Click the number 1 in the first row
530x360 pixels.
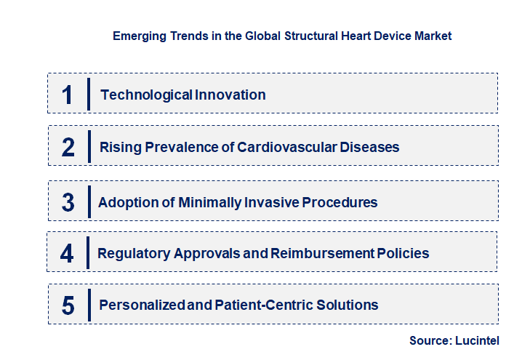[x=68, y=95]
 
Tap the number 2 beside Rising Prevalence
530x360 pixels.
[x=68, y=147]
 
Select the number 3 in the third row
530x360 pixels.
[x=68, y=202]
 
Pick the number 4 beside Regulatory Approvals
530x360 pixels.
[x=68, y=253]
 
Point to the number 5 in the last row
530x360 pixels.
[x=68, y=305]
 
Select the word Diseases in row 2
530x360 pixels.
[x=371, y=147]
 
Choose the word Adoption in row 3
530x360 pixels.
[x=127, y=202]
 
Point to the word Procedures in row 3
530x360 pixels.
[x=342, y=202]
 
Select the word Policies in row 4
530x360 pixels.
[x=403, y=253]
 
